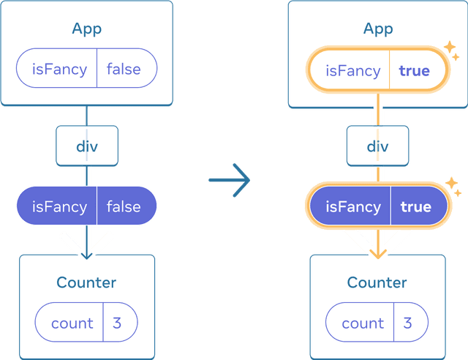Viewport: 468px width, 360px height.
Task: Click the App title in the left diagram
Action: pos(86,29)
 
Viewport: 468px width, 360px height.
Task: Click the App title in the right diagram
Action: pos(377,29)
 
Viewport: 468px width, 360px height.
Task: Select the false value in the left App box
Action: pos(124,70)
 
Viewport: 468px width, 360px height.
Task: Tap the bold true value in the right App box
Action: pos(414,70)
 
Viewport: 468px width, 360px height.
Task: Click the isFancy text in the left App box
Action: pos(59,70)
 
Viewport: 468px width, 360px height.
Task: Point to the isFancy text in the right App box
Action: pos(352,70)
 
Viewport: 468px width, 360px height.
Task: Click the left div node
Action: pos(86,146)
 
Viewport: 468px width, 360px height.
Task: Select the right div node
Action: pos(377,146)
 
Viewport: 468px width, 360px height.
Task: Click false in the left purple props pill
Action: pos(124,206)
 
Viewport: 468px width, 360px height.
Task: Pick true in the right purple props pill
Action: pos(415,207)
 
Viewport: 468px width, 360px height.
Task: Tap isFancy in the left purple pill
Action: pos(59,206)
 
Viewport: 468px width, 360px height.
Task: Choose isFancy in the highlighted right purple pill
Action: pos(352,207)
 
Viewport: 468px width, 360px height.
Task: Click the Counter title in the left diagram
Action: pos(86,282)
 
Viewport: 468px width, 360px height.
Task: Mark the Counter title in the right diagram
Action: pos(377,282)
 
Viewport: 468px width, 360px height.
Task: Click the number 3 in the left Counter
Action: pos(117,323)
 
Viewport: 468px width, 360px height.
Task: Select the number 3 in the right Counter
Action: pos(407,323)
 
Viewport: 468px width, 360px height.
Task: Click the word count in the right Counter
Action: pos(363,323)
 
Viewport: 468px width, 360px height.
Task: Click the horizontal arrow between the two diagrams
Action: pos(230,179)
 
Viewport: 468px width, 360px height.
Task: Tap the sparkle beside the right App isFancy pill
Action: pos(451,50)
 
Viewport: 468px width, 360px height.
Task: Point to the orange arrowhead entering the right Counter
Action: pos(377,251)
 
